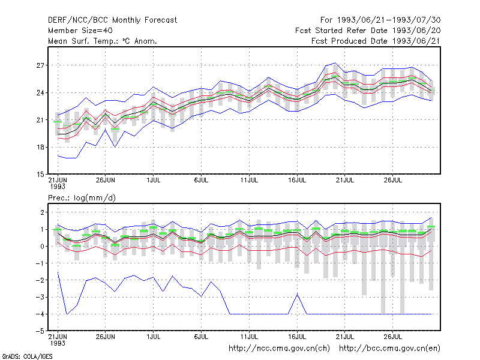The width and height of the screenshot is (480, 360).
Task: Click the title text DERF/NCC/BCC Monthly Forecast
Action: point(112,20)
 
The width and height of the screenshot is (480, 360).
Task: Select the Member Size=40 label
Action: point(80,31)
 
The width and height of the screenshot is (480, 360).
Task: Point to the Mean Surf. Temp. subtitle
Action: point(103,41)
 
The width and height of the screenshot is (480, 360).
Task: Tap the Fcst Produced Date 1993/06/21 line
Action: point(376,41)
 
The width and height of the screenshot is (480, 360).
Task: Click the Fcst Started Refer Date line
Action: point(368,31)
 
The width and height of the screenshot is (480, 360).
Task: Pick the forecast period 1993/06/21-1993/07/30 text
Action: point(380,20)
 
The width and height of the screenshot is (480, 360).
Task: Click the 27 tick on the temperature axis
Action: point(40,65)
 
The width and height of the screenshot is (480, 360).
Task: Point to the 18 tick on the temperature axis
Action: point(40,147)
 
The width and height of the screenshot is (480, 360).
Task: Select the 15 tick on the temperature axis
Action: point(40,175)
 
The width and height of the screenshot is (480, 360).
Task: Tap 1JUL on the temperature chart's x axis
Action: point(154,181)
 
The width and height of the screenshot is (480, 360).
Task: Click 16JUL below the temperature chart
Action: point(297,181)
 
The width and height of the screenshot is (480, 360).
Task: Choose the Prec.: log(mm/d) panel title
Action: point(82,198)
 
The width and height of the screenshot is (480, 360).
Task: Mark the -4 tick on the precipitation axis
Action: point(40,314)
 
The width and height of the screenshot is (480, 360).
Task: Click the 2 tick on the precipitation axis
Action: point(42,212)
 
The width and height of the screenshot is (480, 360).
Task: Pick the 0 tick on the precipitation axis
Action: point(42,247)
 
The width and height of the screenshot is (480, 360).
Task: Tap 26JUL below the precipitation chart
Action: point(393,337)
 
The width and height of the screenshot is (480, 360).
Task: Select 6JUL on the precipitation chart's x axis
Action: point(201,337)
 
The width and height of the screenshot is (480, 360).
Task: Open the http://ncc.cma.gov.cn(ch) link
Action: point(279,349)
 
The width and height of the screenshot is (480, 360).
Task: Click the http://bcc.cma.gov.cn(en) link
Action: point(389,349)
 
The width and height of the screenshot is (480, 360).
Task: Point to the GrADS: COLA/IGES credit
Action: point(27,356)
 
